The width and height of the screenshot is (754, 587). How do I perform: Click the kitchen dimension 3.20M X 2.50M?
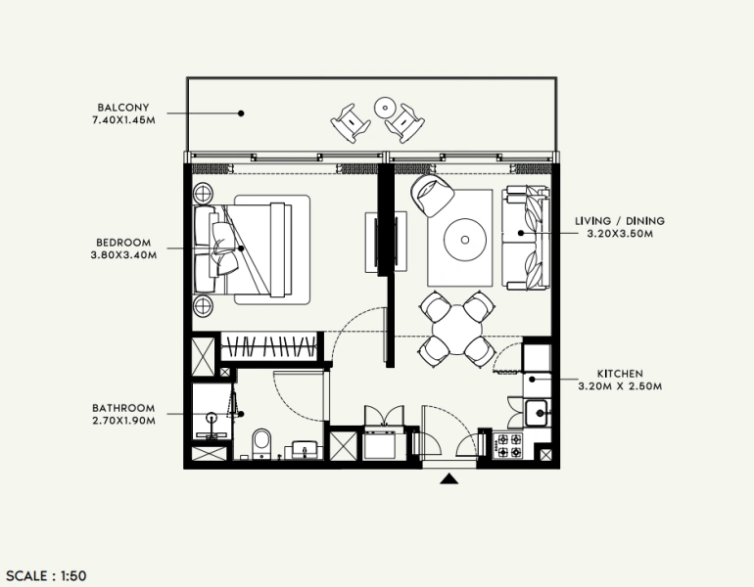pyautogui.click(x=620, y=386)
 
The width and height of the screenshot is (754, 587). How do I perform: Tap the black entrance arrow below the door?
pyautogui.click(x=449, y=477)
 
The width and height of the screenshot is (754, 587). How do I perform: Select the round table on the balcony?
pyautogui.click(x=384, y=108)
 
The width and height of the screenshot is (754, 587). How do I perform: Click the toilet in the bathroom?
pyautogui.click(x=261, y=444)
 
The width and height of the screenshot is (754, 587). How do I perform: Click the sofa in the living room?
pyautogui.click(x=526, y=238)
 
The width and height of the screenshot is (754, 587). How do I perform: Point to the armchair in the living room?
pyautogui.click(x=431, y=195)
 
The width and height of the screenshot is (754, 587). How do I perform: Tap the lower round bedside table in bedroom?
pyautogui.click(x=206, y=307)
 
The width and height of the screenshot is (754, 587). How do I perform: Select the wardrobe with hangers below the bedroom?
pyautogui.click(x=269, y=347)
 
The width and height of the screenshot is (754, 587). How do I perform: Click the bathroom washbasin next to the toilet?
pyautogui.click(x=303, y=449)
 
